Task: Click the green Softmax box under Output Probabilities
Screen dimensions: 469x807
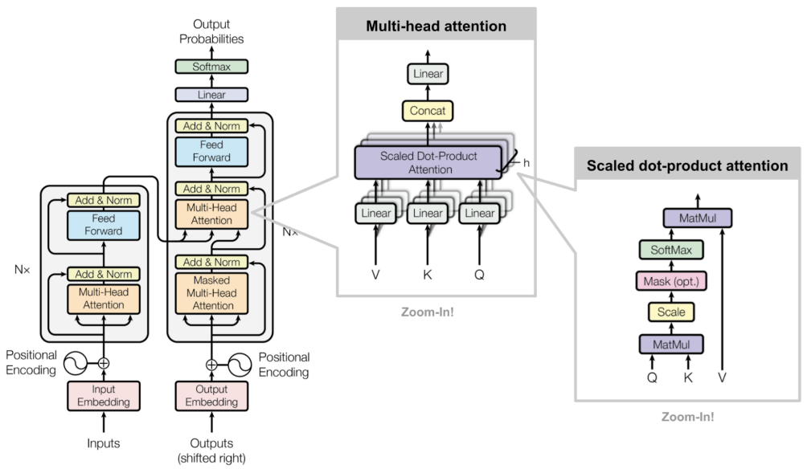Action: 211,67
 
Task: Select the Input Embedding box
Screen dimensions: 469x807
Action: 102,396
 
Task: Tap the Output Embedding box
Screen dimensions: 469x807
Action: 211,396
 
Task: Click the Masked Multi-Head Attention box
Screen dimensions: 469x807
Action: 211,293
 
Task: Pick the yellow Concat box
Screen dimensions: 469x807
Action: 428,110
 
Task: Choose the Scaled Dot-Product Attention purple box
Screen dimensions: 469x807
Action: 428,163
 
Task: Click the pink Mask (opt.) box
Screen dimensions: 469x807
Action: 671,281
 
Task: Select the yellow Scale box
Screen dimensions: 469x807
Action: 671,312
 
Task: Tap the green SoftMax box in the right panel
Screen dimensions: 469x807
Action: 671,250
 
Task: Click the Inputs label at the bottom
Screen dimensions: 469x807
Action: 102,443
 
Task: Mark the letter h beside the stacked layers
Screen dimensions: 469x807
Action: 526,163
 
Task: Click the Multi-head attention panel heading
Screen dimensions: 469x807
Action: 436,27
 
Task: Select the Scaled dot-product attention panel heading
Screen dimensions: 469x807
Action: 687,166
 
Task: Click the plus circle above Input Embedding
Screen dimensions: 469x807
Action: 102,362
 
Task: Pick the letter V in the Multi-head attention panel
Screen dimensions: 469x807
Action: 375,274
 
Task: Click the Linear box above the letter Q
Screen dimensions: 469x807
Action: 480,213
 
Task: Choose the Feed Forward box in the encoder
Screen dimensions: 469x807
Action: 102,225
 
